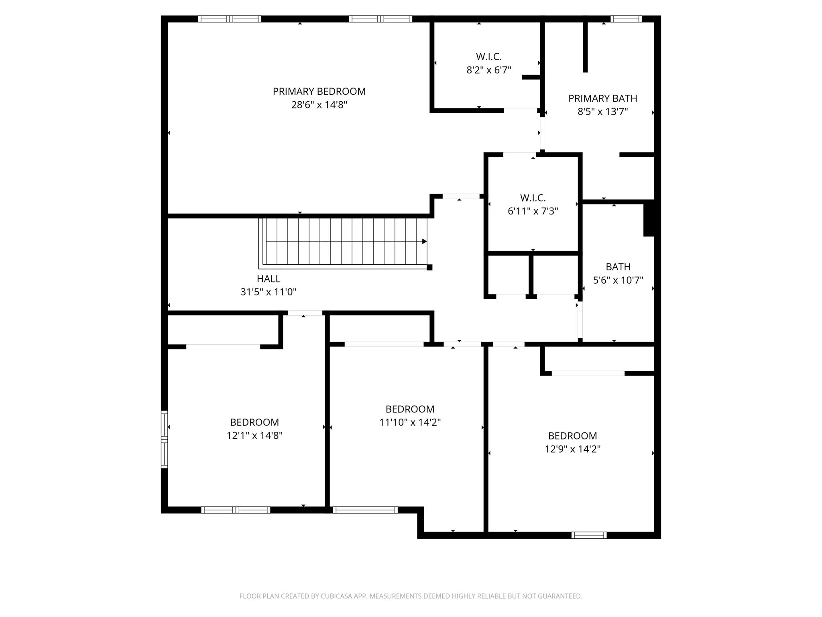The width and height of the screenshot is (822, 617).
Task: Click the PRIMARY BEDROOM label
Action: pos(319,92)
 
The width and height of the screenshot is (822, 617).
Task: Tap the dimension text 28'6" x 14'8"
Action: pos(319,105)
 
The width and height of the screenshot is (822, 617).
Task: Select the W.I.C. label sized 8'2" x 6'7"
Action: pos(489,57)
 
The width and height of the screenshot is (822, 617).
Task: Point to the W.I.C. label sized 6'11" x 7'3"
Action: pos(533,198)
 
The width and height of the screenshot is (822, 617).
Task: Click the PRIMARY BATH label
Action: pos(603,98)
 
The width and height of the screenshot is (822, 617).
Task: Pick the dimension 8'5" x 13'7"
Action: pos(603,112)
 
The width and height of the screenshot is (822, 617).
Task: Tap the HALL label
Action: pos(269,279)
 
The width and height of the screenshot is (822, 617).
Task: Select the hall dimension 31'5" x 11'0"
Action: pos(269,292)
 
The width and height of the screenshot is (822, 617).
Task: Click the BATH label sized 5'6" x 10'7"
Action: pos(618,267)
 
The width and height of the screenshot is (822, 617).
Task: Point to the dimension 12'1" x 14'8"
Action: pos(254,435)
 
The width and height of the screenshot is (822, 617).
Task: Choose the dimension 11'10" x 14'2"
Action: pos(410,422)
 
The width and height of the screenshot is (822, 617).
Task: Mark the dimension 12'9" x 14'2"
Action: pos(572,449)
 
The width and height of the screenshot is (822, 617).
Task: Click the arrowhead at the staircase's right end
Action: pos(425,241)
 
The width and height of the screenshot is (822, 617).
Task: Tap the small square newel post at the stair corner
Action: pos(429,267)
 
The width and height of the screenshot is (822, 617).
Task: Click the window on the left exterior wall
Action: pos(164,439)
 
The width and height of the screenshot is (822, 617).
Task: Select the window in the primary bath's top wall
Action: pos(626,19)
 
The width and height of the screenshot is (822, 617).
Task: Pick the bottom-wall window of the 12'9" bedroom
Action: pos(589,535)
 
